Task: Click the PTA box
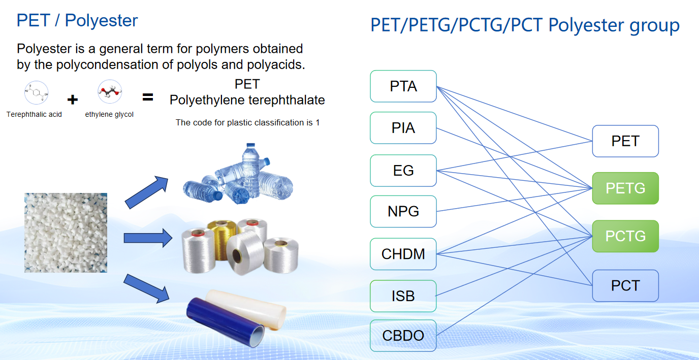pyautogui.click(x=403, y=86)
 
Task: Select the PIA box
pyautogui.click(x=403, y=128)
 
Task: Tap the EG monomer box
pyautogui.click(x=403, y=171)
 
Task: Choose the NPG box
pyautogui.click(x=403, y=212)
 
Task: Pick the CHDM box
pyautogui.click(x=403, y=254)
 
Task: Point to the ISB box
pyautogui.click(x=403, y=296)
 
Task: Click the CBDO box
pyautogui.click(x=403, y=336)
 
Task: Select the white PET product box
pyautogui.click(x=625, y=141)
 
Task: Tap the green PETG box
pyautogui.click(x=625, y=188)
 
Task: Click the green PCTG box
pyautogui.click(x=625, y=236)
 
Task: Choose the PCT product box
pyautogui.click(x=625, y=285)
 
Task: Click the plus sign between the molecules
pyautogui.click(x=73, y=100)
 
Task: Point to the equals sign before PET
pyautogui.click(x=148, y=97)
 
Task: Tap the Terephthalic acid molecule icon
pyautogui.click(x=36, y=92)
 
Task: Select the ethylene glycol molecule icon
pyautogui.click(x=110, y=91)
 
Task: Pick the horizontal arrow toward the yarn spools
pyautogui.click(x=148, y=238)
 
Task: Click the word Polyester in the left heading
pyautogui.click(x=101, y=21)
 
